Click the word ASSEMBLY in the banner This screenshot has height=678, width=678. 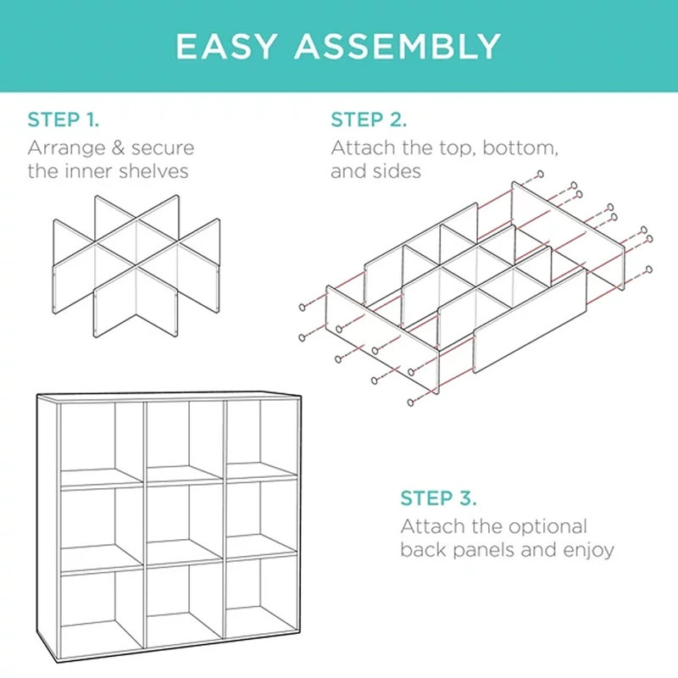(398, 46)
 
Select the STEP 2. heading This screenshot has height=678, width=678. (369, 119)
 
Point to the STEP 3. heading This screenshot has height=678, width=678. (438, 497)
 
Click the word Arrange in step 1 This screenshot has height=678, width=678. (62, 148)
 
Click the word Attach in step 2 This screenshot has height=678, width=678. (359, 148)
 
